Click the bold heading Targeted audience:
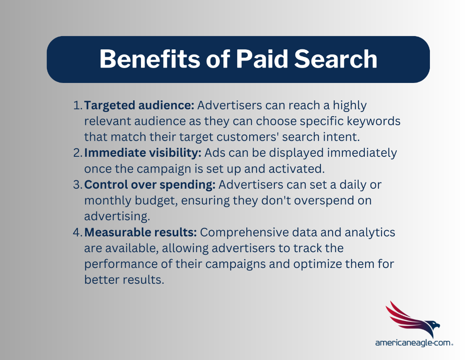tap(139, 106)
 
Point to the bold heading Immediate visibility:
tap(143, 153)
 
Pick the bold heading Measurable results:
tap(141, 233)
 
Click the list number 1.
tap(78, 106)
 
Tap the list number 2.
tap(78, 153)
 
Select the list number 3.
tap(78, 185)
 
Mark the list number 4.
tap(78, 233)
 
